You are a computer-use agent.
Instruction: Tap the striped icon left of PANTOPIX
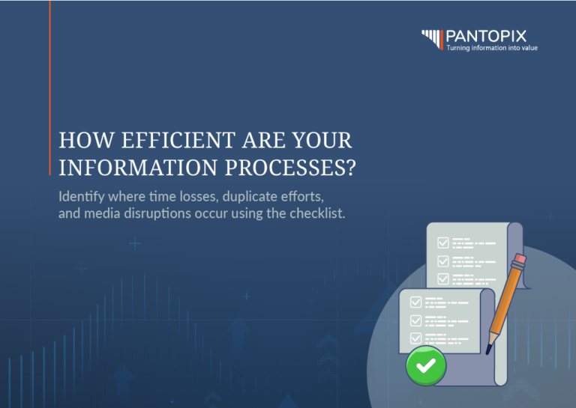pos(432,38)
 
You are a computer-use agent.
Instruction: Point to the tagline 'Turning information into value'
pos(491,48)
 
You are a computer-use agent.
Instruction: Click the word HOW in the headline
pos(79,140)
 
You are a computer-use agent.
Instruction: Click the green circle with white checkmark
pos(426,365)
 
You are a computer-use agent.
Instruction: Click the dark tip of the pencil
pos(490,349)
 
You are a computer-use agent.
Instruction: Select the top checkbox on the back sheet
pos(443,243)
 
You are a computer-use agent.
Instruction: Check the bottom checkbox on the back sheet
pos(443,279)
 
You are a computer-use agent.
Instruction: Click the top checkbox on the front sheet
pos(415,302)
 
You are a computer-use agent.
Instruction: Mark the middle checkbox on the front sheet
pos(415,320)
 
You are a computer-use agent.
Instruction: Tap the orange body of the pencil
pos(505,303)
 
